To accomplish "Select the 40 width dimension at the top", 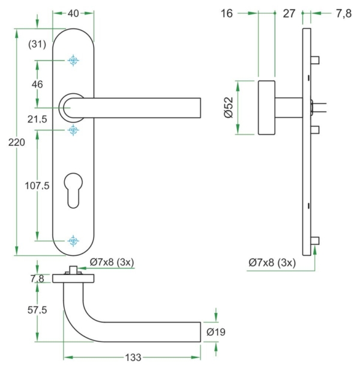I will point(74,13).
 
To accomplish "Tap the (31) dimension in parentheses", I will point(37,43).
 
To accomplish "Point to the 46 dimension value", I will point(37,85).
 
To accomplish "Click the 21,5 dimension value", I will point(37,120).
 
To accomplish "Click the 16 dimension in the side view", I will point(226,14).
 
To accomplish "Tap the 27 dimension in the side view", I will point(289,14).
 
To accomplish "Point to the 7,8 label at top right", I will point(344,14).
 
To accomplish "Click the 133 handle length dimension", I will point(133,357).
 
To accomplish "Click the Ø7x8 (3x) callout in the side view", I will point(272,262).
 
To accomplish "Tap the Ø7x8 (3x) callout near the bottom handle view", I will point(112,262).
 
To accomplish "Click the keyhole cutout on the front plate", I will point(74,188).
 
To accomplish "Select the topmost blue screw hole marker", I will point(74,61).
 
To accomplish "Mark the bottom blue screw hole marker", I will point(74,241).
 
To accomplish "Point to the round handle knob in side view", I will point(267,108).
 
